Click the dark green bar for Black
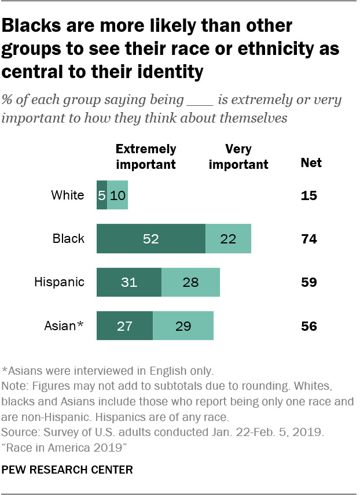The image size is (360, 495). pos(150,239)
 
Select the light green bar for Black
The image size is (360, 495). pos(228,239)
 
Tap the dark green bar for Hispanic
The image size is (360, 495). pos(128,282)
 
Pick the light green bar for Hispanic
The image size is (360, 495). pos(190,282)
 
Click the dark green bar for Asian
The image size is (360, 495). pos(124,326)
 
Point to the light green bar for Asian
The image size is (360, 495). pos(183,326)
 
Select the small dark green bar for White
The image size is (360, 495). pos(102,195)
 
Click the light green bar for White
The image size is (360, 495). pos(117,195)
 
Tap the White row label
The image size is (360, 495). pos(68,195)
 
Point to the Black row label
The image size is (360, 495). pos(69,239)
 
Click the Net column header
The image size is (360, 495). pos(311,163)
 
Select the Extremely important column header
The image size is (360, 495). pos(146,157)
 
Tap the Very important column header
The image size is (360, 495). pos(238,157)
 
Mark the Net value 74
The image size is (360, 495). pos(309,239)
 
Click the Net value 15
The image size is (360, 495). pos(309,195)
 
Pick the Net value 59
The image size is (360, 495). pos(309,282)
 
